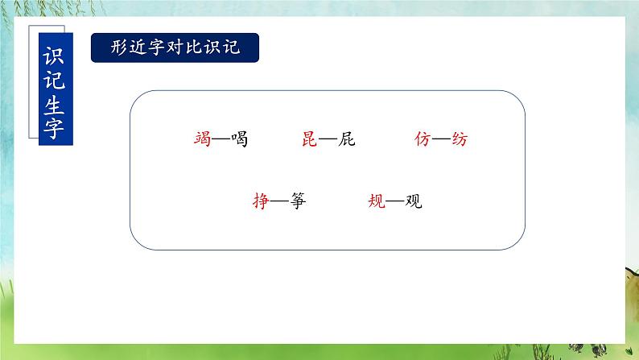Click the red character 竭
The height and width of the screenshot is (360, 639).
[x=202, y=139]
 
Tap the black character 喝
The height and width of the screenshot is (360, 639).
[x=237, y=139]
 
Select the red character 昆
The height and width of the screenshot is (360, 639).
[x=311, y=139]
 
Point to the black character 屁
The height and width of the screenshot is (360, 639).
[x=346, y=139]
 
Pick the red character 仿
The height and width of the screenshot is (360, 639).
[x=423, y=139]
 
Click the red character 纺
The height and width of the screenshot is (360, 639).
[x=459, y=139]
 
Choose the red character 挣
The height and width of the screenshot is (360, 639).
[x=261, y=201]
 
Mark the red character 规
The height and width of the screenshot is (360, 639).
[x=377, y=201]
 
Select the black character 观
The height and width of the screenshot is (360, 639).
[x=413, y=201]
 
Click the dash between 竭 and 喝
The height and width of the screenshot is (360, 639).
[x=220, y=140]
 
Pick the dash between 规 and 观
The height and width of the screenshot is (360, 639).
[x=394, y=202]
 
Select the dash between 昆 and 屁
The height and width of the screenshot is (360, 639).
[x=328, y=140]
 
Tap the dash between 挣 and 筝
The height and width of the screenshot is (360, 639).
[x=279, y=202]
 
